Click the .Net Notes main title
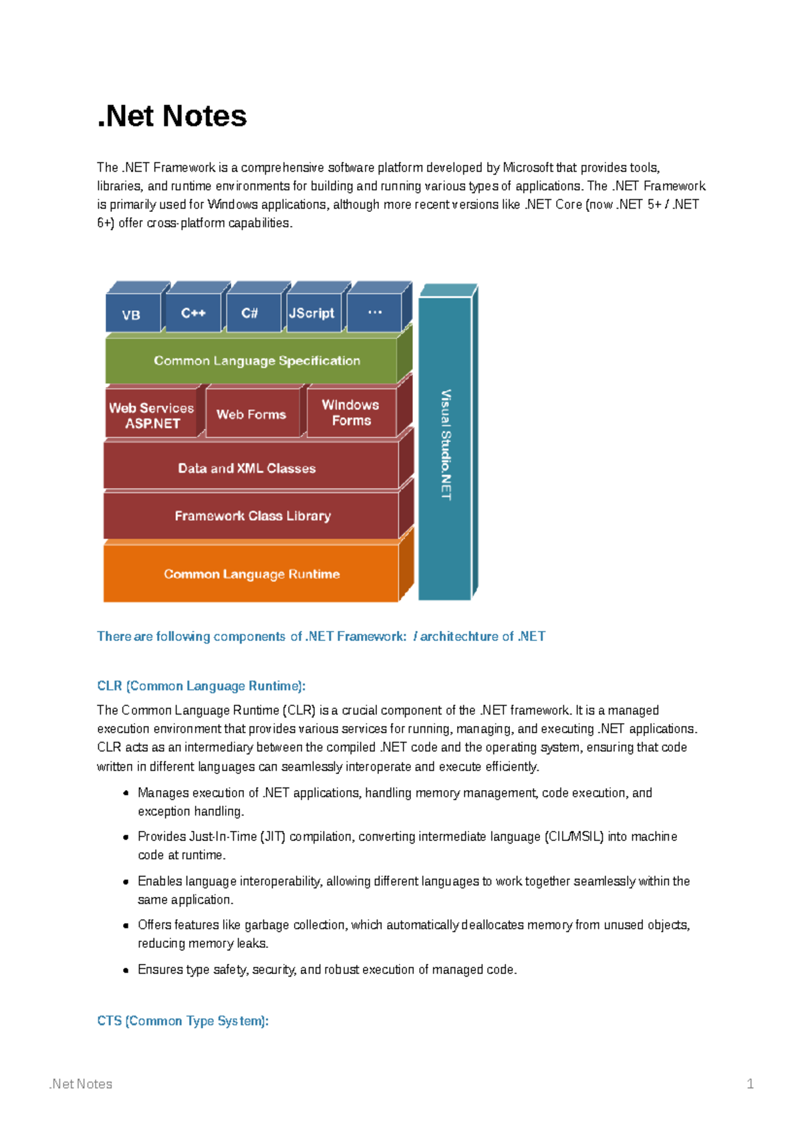point(172,116)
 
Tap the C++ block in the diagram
point(193,313)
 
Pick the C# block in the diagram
point(250,313)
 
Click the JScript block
point(311,313)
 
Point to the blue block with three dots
point(374,313)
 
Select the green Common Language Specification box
point(257,361)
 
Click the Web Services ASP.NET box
point(152,416)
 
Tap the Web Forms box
point(251,414)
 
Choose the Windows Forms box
point(351,413)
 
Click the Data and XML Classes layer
point(247,469)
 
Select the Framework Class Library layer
point(253,516)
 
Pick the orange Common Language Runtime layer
point(251,574)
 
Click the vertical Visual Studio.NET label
point(446,445)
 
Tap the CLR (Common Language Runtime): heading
point(201,686)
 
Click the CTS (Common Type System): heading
point(182,1021)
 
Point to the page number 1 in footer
point(750,1084)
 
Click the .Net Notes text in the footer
point(81,1084)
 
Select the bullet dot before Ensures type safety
point(126,970)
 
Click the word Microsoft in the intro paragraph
point(527,168)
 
